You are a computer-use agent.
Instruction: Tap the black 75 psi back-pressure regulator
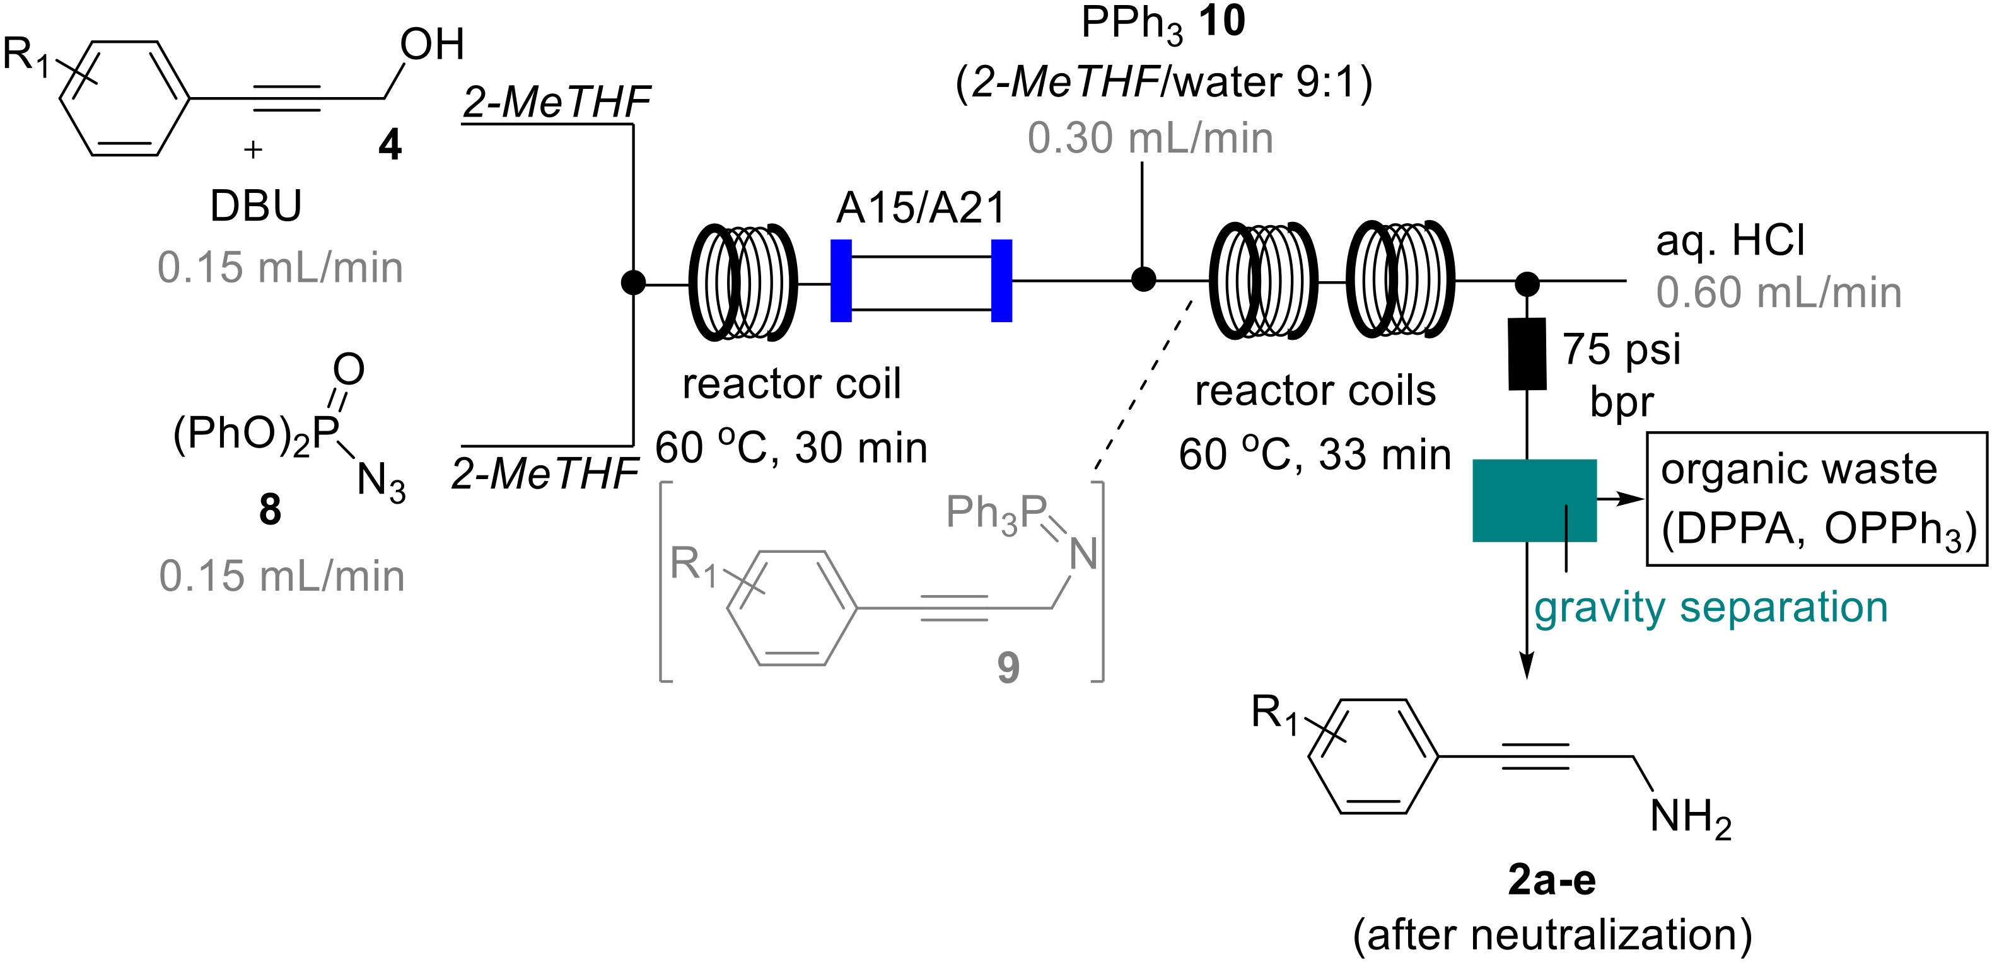point(1527,354)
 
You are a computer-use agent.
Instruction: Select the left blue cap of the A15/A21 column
point(841,281)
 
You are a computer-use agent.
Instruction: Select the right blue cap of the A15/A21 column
point(1001,281)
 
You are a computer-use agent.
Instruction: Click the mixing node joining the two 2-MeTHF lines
point(633,283)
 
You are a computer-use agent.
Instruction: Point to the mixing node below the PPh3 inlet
point(1143,279)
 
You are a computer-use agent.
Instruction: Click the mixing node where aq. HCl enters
point(1527,284)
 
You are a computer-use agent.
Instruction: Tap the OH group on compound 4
point(431,45)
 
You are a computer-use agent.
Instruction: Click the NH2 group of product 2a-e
point(1690,818)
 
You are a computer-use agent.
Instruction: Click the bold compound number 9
point(1008,668)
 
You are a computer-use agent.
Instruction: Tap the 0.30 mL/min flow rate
point(1150,139)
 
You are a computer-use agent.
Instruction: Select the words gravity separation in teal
point(1711,608)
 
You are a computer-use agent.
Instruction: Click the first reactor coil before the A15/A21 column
point(742,282)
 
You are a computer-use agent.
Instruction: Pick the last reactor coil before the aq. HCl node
point(1400,279)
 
